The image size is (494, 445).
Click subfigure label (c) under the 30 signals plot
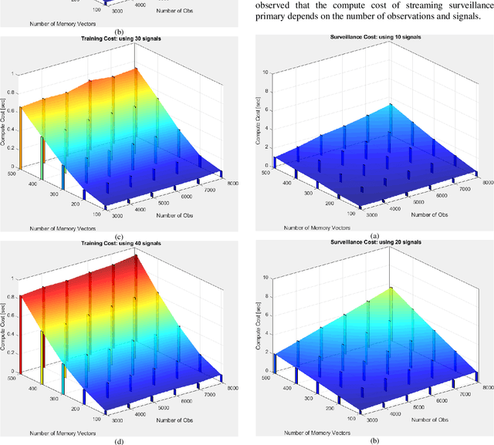[119, 237]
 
